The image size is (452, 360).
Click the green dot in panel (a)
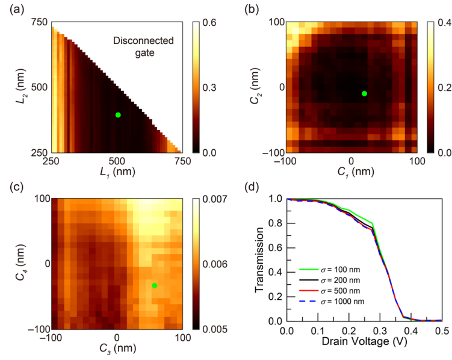coord(118,115)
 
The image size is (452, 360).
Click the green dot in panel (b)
coord(364,93)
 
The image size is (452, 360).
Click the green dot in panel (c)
coord(155,285)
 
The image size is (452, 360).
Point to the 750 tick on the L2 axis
coord(39,23)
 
